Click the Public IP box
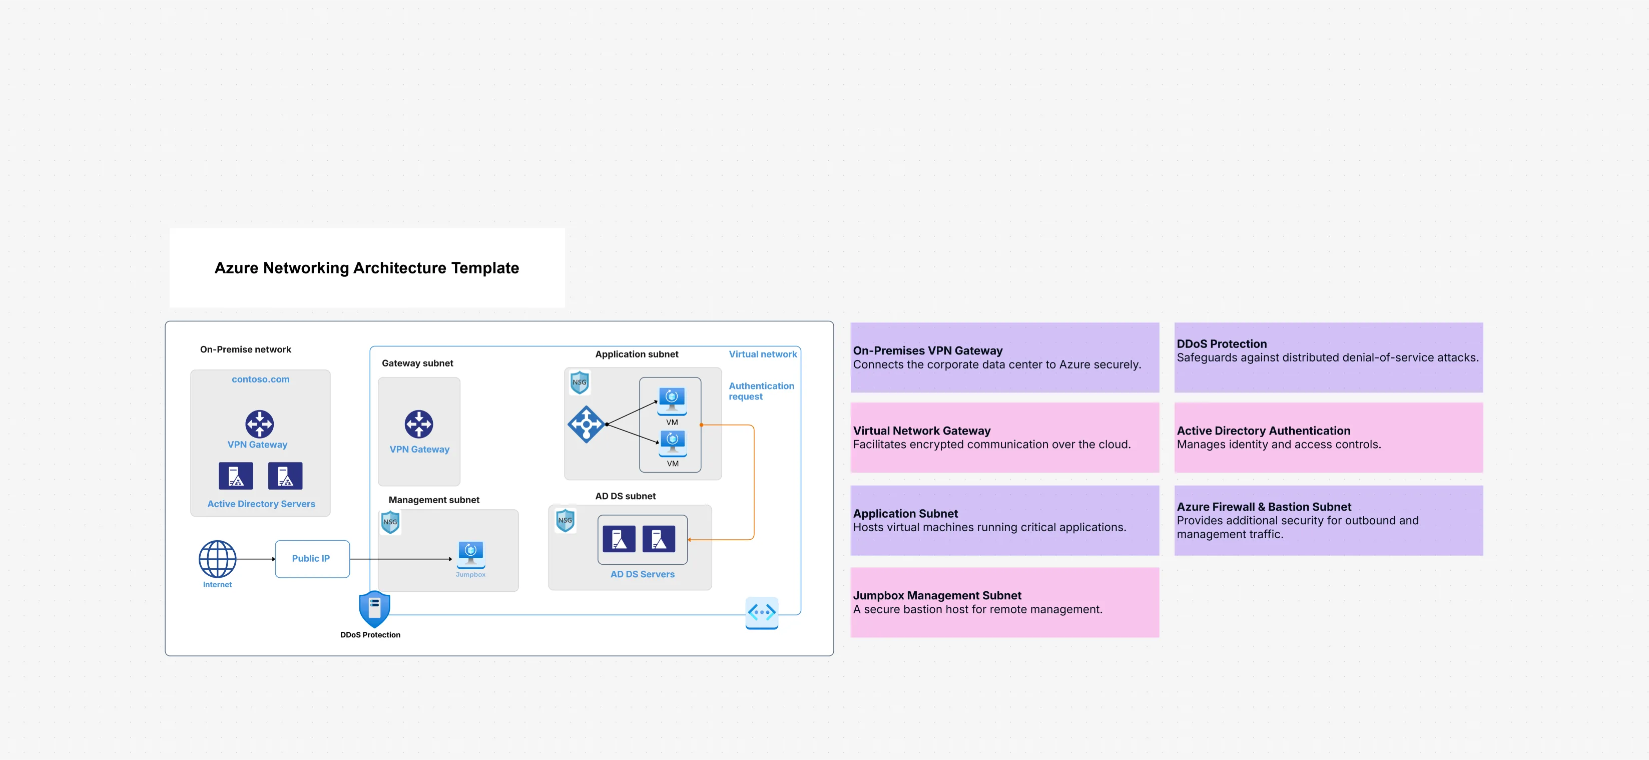[312, 559]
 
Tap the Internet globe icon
[217, 559]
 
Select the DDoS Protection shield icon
[374, 609]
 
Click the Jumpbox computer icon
[470, 554]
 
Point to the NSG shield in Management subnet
[390, 522]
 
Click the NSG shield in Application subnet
[580, 382]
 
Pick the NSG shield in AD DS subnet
[565, 520]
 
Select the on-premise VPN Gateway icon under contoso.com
[259, 423]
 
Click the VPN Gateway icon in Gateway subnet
[419, 424]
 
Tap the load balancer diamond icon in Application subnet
[586, 424]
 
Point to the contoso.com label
[261, 379]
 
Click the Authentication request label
[761, 391]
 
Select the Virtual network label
[762, 354]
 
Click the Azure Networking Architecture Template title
[367, 268]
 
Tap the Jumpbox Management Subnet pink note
[1004, 602]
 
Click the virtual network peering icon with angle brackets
[762, 612]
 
